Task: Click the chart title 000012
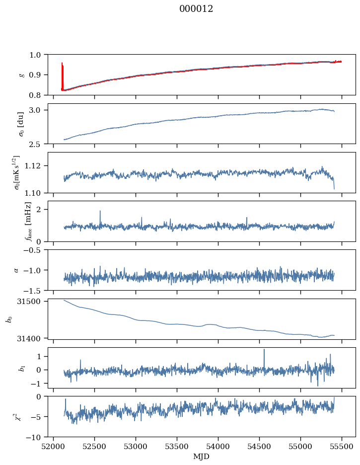pos(196,9)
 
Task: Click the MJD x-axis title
pos(202,457)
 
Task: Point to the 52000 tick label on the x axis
pos(53,447)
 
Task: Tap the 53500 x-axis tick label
pos(177,447)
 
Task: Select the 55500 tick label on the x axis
pos(342,447)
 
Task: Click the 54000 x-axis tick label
pos(218,447)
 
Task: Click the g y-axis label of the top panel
pos(21,75)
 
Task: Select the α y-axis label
pos(16,270)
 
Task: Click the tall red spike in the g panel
pos(62,76)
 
